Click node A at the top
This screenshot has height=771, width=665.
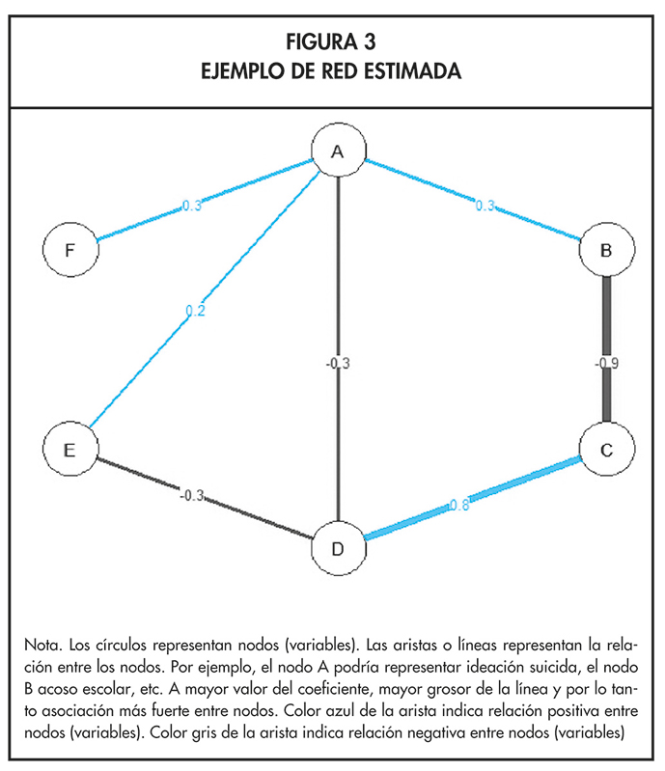(337, 151)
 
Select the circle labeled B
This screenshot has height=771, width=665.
(605, 251)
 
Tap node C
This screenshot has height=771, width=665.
(605, 449)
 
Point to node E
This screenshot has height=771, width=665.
(70, 448)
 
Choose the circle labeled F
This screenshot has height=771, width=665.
(69, 250)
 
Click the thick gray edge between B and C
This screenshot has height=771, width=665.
(605, 318)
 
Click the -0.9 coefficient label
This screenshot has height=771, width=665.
(606, 364)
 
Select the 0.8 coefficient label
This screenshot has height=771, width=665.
(459, 504)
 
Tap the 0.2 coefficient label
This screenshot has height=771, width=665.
(195, 311)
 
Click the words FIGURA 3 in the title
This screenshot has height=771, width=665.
(331, 42)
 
